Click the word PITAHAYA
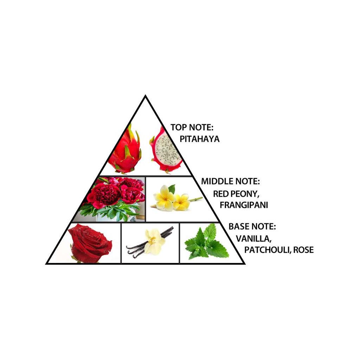(x=200, y=139)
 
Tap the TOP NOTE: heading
(x=192, y=127)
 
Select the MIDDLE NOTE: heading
(x=231, y=181)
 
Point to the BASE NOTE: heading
(x=252, y=226)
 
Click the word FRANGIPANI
(x=244, y=205)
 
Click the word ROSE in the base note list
(x=303, y=250)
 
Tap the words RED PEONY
(x=236, y=194)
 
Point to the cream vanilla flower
(x=154, y=242)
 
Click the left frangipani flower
(x=165, y=198)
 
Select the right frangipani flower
(x=182, y=202)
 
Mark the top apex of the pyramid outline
(x=145, y=96)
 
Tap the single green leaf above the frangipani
(x=172, y=188)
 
